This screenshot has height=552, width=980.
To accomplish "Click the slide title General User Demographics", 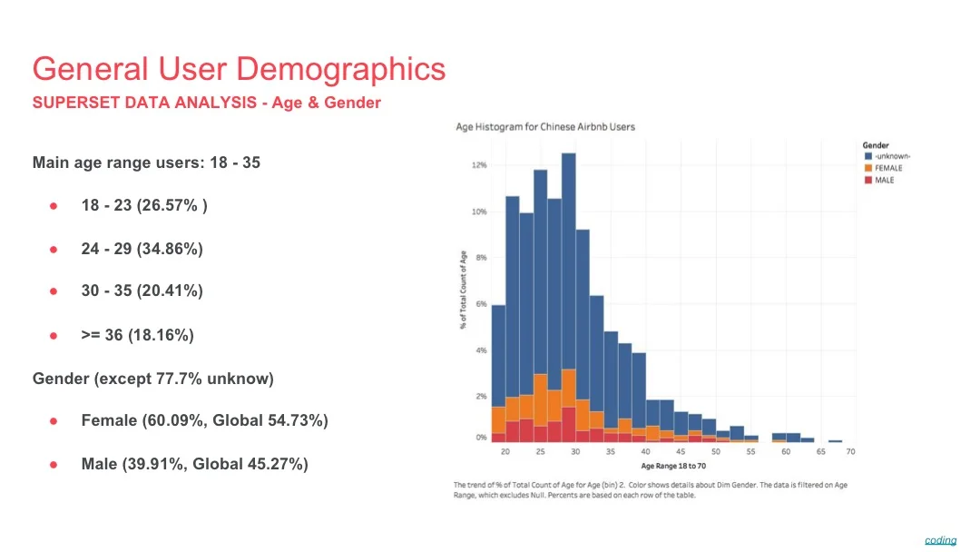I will coord(239,69).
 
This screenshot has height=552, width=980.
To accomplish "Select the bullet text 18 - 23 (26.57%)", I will coord(143,205).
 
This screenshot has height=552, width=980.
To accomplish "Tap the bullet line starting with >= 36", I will coord(137,335).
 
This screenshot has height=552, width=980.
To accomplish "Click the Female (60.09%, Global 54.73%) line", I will coord(204,420).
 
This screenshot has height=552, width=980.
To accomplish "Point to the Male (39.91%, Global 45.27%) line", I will coord(194,464).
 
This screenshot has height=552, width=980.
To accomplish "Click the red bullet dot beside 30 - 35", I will coord(54,291).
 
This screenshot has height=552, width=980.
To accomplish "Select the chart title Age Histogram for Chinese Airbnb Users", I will coord(544,127).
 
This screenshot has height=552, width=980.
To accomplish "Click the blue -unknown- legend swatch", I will coord(867,156).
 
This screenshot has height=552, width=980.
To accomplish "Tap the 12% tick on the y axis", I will coord(479,165).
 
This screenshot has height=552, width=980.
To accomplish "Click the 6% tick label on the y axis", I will coord(481,303).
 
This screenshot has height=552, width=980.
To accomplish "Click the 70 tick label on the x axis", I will coord(850,451).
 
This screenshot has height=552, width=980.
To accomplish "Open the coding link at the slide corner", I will coord(940,540).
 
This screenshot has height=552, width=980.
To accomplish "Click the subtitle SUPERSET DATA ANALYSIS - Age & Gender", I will coord(206,103).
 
